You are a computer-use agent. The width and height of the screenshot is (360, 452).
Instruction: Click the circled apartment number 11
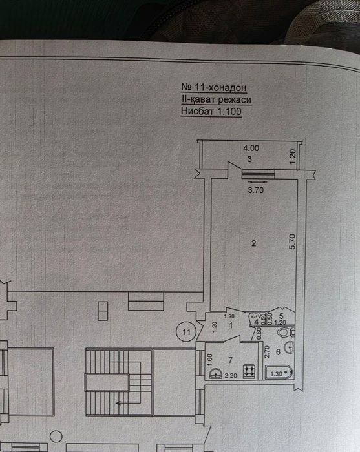tap(186, 332)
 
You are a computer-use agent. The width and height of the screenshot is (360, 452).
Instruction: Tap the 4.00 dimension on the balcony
tap(251, 148)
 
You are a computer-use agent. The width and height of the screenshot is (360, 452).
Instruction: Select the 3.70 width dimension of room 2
tap(256, 190)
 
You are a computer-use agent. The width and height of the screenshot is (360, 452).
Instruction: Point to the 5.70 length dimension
tap(293, 241)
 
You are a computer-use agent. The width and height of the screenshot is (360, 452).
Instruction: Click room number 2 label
tap(253, 243)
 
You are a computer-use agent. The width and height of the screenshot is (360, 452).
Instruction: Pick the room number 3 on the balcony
tap(249, 159)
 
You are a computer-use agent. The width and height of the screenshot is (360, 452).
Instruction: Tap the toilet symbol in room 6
tap(286, 333)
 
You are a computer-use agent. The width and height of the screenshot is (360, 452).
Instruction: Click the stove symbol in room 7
tap(249, 371)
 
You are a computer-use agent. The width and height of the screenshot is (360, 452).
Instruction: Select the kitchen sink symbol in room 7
tap(215, 373)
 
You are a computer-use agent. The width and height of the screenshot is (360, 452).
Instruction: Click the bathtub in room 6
tap(279, 373)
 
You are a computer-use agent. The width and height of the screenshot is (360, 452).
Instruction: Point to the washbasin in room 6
tap(290, 347)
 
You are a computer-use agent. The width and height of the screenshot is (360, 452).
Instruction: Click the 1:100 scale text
tap(229, 111)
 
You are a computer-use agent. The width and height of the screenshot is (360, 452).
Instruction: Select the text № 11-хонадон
tap(214, 87)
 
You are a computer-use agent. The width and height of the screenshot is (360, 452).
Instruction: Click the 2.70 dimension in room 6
tap(267, 352)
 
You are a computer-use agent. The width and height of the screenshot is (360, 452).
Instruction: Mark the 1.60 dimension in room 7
tap(209, 360)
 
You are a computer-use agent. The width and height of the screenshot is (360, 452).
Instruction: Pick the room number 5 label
tap(281, 316)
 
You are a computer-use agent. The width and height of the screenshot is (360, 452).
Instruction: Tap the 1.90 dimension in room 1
tap(229, 316)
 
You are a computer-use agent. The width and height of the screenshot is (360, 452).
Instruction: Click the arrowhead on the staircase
tap(118, 403)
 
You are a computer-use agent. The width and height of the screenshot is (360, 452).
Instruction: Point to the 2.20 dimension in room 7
tap(231, 376)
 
